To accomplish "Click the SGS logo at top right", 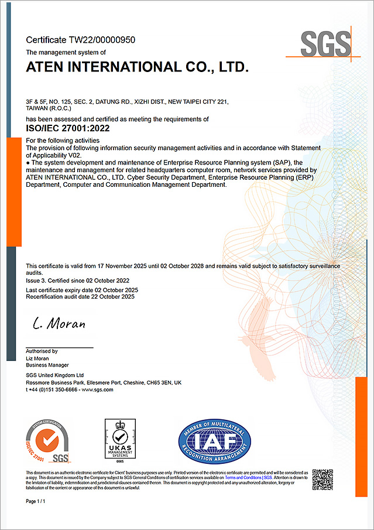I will (325, 44).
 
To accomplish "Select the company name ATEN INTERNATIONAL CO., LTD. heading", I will (138, 67).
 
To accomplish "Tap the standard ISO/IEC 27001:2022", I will (68, 128).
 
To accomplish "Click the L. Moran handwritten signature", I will (59, 324).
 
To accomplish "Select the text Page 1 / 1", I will (36, 502).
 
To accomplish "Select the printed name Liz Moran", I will (37, 358).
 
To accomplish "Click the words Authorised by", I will (42, 351).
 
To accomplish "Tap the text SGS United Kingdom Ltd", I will (55, 375).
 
